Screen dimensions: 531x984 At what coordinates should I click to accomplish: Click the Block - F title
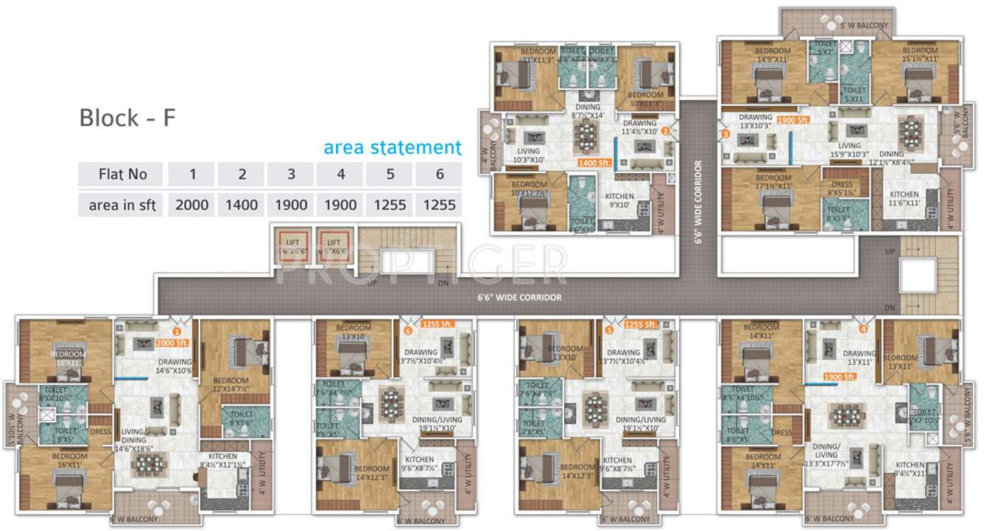pyautogui.click(x=127, y=118)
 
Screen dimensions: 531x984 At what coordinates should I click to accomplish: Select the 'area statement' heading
pyautogui.click(x=393, y=147)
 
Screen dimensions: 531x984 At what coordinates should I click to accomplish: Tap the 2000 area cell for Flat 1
pyautogui.click(x=191, y=205)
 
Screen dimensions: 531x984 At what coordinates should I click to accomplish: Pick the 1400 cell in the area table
pyautogui.click(x=242, y=205)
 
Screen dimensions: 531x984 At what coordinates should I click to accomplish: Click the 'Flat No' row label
pyautogui.click(x=122, y=175)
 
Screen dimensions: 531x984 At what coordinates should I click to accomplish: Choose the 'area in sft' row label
pyautogui.click(x=122, y=205)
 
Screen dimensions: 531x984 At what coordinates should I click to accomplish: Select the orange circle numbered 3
pyautogui.click(x=725, y=134)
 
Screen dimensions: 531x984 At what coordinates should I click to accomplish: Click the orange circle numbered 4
pyautogui.click(x=863, y=329)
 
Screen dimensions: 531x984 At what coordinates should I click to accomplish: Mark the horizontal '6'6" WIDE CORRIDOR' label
pyautogui.click(x=519, y=298)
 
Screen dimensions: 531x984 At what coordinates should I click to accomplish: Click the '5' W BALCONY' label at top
pyautogui.click(x=864, y=26)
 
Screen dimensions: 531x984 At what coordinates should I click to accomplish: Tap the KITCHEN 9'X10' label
pyautogui.click(x=619, y=201)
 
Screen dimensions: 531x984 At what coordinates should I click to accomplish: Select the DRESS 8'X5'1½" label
pyautogui.click(x=842, y=189)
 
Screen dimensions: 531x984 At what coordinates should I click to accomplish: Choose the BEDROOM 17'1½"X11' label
pyautogui.click(x=773, y=182)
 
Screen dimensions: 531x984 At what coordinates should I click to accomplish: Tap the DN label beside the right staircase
pyautogui.click(x=890, y=308)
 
